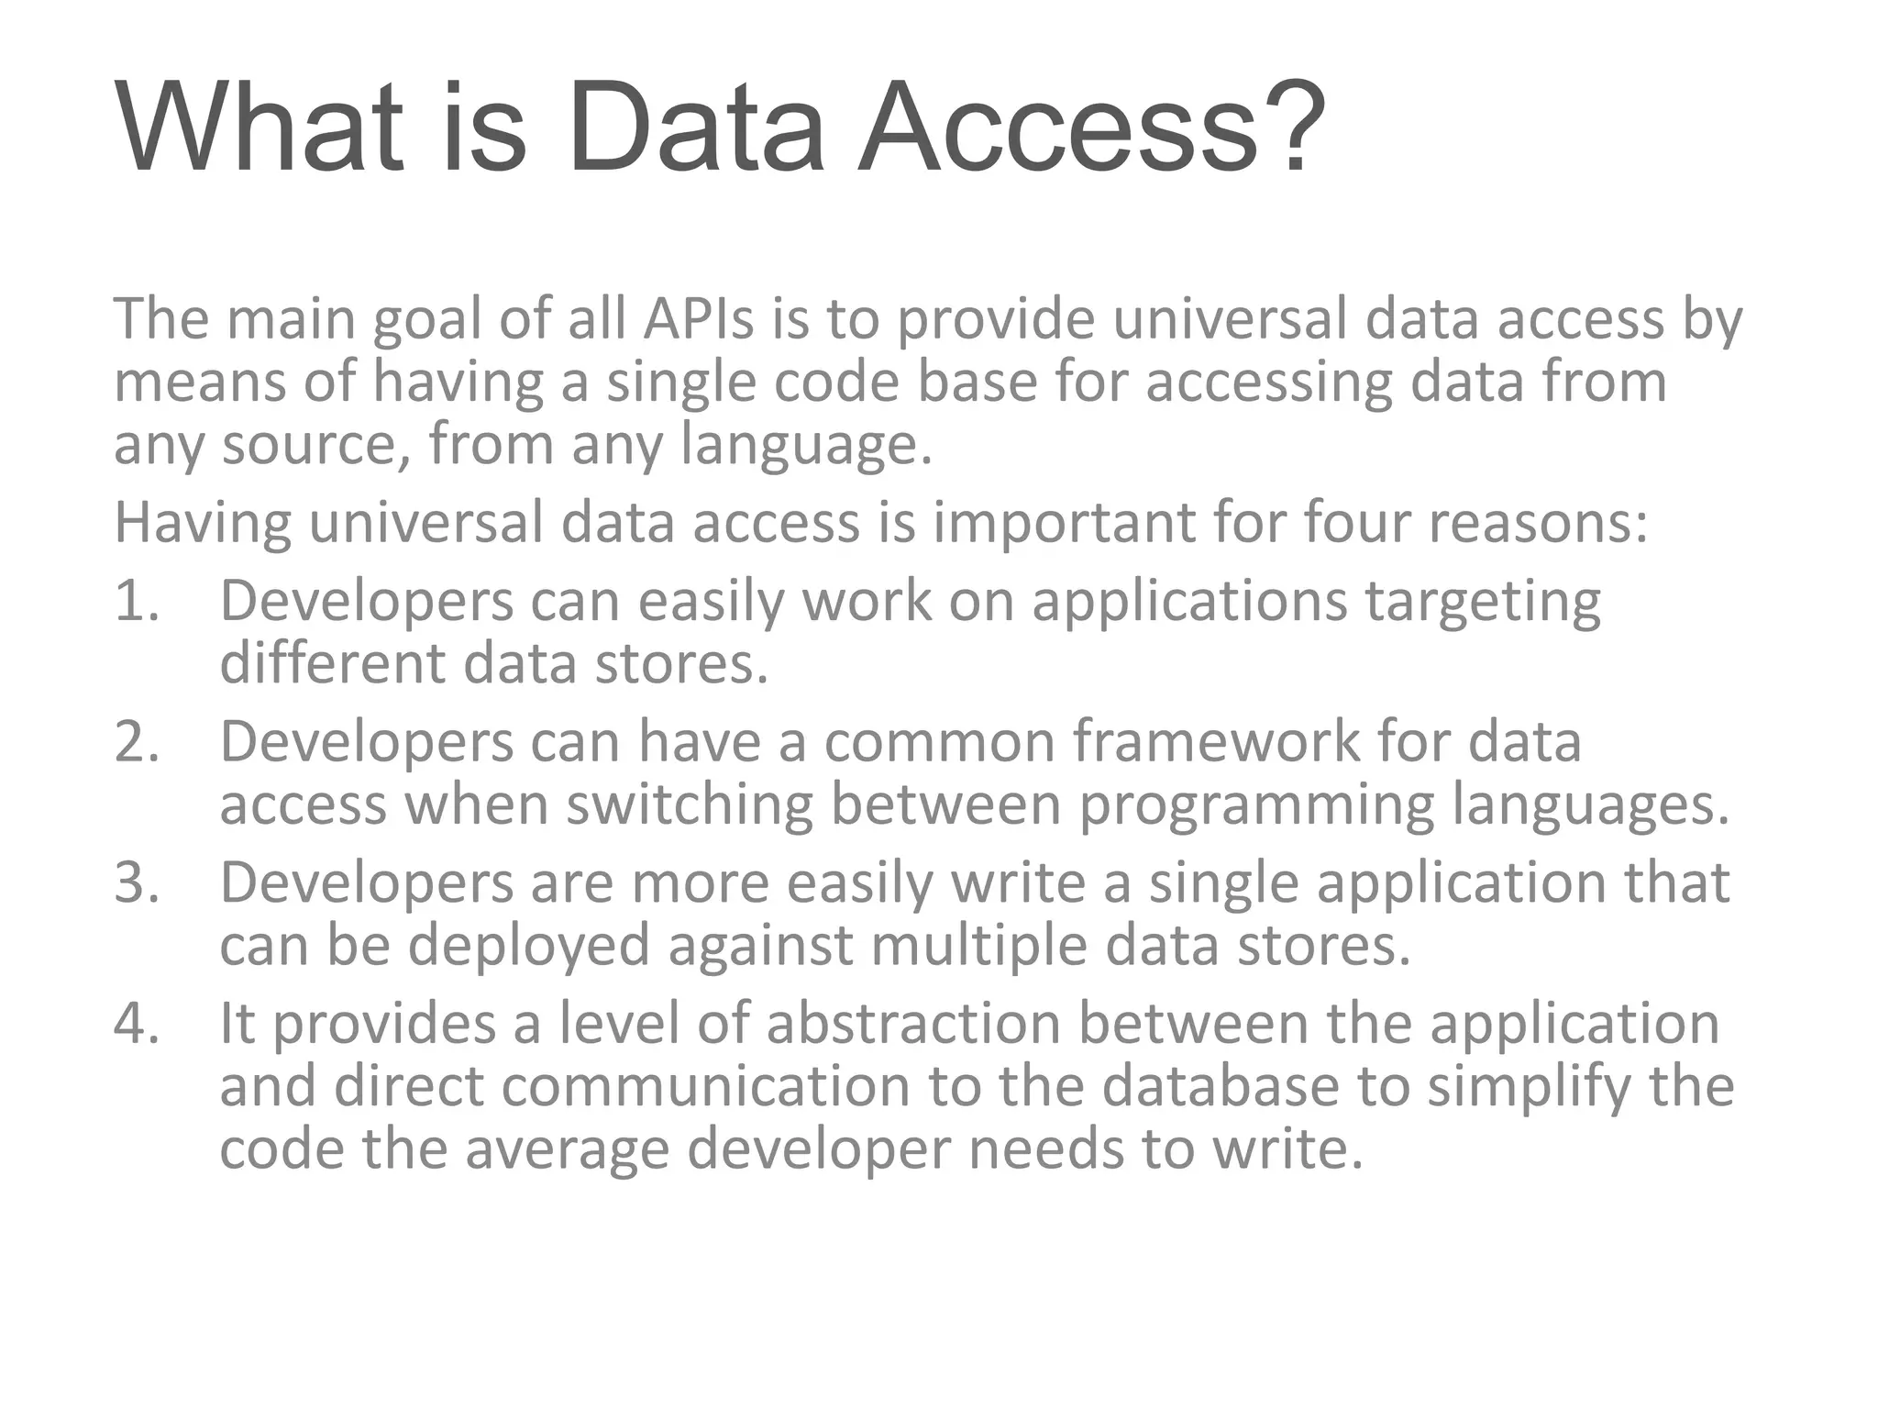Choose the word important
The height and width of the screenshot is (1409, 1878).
point(1064,523)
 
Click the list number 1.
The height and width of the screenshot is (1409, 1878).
point(137,602)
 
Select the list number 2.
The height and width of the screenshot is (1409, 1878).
point(137,742)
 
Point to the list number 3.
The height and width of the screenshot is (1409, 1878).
point(137,882)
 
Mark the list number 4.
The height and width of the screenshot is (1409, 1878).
point(137,1024)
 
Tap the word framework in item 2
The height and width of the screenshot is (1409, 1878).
point(1216,741)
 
